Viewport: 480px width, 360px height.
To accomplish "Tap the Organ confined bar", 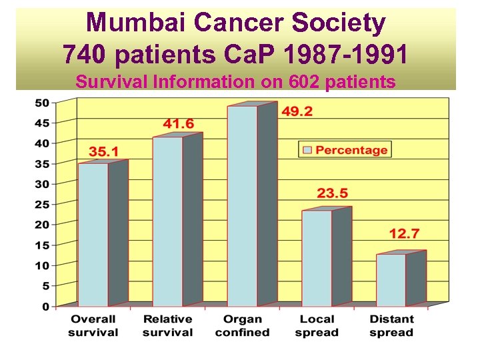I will pyautogui.click(x=242, y=206).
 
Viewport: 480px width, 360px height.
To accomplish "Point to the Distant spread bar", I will pyautogui.click(x=391, y=280).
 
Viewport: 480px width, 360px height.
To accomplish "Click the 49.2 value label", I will pyautogui.click(x=296, y=111).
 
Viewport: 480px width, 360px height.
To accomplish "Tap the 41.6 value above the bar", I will pyautogui.click(x=179, y=123).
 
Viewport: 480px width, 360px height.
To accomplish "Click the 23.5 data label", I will pyautogui.click(x=332, y=193).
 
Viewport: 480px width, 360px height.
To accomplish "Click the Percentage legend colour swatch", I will pyautogui.click(x=307, y=150).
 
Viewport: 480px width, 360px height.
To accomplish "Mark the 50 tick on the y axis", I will pyautogui.click(x=41, y=102).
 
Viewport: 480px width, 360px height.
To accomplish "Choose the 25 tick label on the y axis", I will pyautogui.click(x=41, y=204).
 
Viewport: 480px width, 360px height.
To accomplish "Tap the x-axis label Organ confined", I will pyautogui.click(x=242, y=326).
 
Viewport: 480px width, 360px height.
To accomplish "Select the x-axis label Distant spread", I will pyautogui.click(x=391, y=326).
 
